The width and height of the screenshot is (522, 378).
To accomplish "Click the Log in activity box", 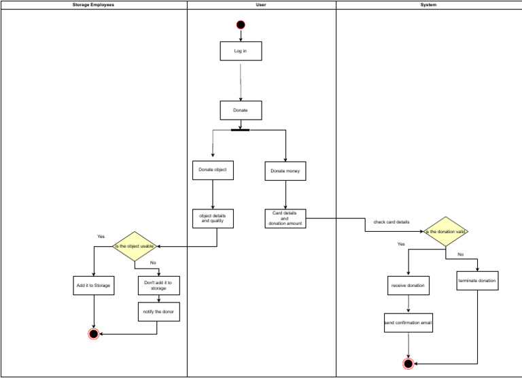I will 241,51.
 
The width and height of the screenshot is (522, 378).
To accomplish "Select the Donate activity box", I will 241,110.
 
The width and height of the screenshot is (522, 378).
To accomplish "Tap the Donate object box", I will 213,170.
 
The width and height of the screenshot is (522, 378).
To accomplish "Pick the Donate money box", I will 285,171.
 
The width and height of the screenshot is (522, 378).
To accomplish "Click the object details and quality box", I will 213,218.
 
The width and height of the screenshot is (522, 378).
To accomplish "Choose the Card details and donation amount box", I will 285,218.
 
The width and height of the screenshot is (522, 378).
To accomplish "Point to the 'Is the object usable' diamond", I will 135,246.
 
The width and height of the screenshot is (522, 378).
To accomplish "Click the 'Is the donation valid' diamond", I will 446,232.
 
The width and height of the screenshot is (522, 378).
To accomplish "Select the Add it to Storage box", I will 92,286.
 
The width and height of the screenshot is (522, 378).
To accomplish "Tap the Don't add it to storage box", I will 158,285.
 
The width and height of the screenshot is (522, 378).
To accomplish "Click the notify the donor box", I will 158,311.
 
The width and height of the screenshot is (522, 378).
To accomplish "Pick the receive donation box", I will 408,286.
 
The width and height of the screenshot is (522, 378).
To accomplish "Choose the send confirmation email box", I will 408,322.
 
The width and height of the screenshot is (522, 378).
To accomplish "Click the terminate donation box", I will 477,281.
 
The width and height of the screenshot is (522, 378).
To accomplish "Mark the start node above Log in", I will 241,25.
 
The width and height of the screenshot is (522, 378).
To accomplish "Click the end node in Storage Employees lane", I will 93,334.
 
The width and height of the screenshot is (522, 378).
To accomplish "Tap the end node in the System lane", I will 408,364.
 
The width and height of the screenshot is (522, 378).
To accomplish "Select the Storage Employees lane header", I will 94,5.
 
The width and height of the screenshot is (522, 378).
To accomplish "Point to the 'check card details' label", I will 391,222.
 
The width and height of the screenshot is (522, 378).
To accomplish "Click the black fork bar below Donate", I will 241,130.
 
